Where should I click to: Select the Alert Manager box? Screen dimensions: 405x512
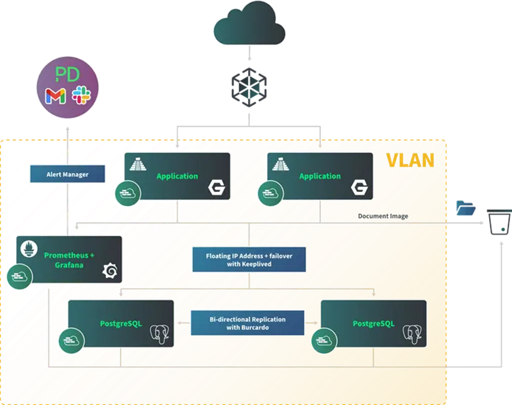pyautogui.click(x=67, y=174)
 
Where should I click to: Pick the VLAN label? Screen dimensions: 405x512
pyautogui.click(x=410, y=160)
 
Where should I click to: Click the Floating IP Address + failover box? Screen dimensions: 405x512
pyautogui.click(x=249, y=260)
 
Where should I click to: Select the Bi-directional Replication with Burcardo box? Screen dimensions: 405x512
pyautogui.click(x=247, y=323)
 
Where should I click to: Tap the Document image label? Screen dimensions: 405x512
pyautogui.click(x=383, y=216)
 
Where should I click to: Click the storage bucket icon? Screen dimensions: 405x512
pyautogui.click(x=498, y=223)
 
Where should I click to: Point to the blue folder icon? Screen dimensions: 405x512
pyautogui.click(x=466, y=208)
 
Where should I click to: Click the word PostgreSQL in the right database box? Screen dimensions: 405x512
pyautogui.click(x=373, y=324)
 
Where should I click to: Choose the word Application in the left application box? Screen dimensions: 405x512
pyautogui.click(x=177, y=176)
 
